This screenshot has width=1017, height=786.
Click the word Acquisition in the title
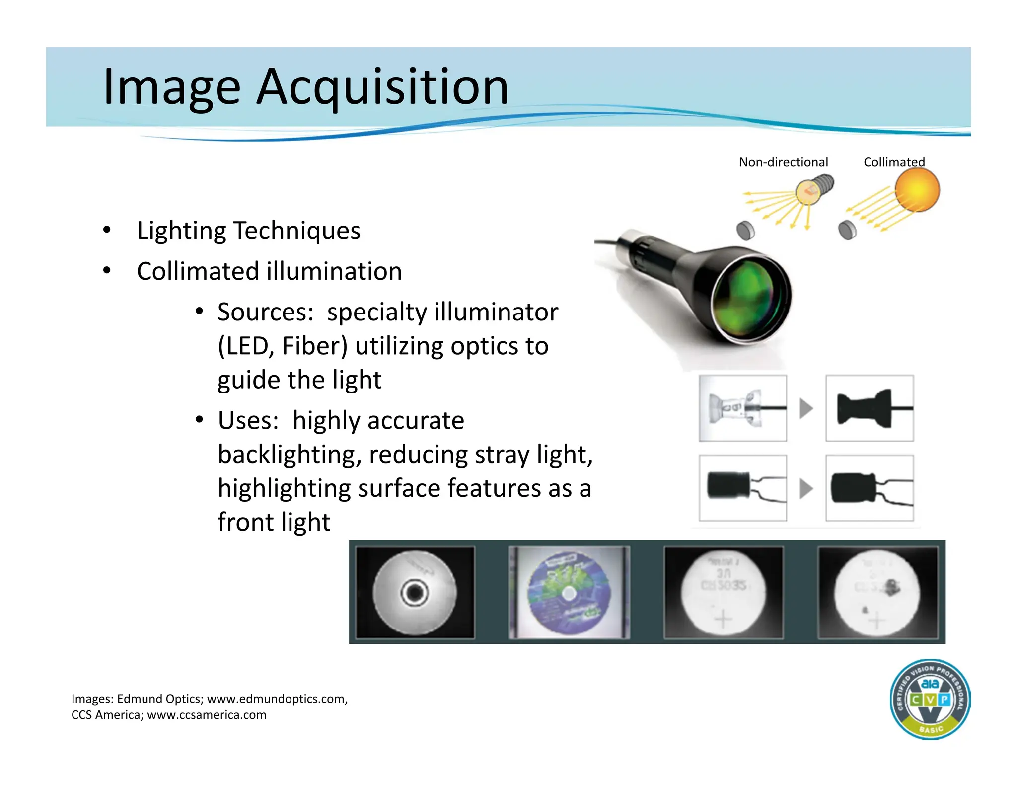[x=382, y=88]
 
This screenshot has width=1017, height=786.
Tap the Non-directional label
[x=783, y=162]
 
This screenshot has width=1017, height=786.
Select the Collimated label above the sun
[x=894, y=162]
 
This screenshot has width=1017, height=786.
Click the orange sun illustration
[x=917, y=190]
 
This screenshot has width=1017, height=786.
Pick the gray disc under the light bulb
[x=745, y=230]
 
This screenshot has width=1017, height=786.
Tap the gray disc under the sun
[x=847, y=230]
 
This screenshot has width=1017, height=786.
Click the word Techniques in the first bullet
[x=297, y=231]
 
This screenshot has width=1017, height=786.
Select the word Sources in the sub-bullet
[x=265, y=313]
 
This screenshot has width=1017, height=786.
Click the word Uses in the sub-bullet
[x=248, y=421]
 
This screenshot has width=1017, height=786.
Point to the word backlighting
[x=287, y=455]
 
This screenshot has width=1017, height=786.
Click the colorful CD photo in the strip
[x=569, y=592]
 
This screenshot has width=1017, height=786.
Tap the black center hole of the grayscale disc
[x=414, y=592]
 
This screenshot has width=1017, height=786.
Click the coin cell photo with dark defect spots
[x=877, y=592]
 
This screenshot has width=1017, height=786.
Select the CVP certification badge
[x=930, y=700]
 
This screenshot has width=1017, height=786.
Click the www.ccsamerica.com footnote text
[x=207, y=715]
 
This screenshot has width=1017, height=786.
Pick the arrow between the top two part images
[x=806, y=409]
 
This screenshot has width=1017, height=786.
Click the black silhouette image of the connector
[x=870, y=408]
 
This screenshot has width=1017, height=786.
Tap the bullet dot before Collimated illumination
[x=107, y=271]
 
